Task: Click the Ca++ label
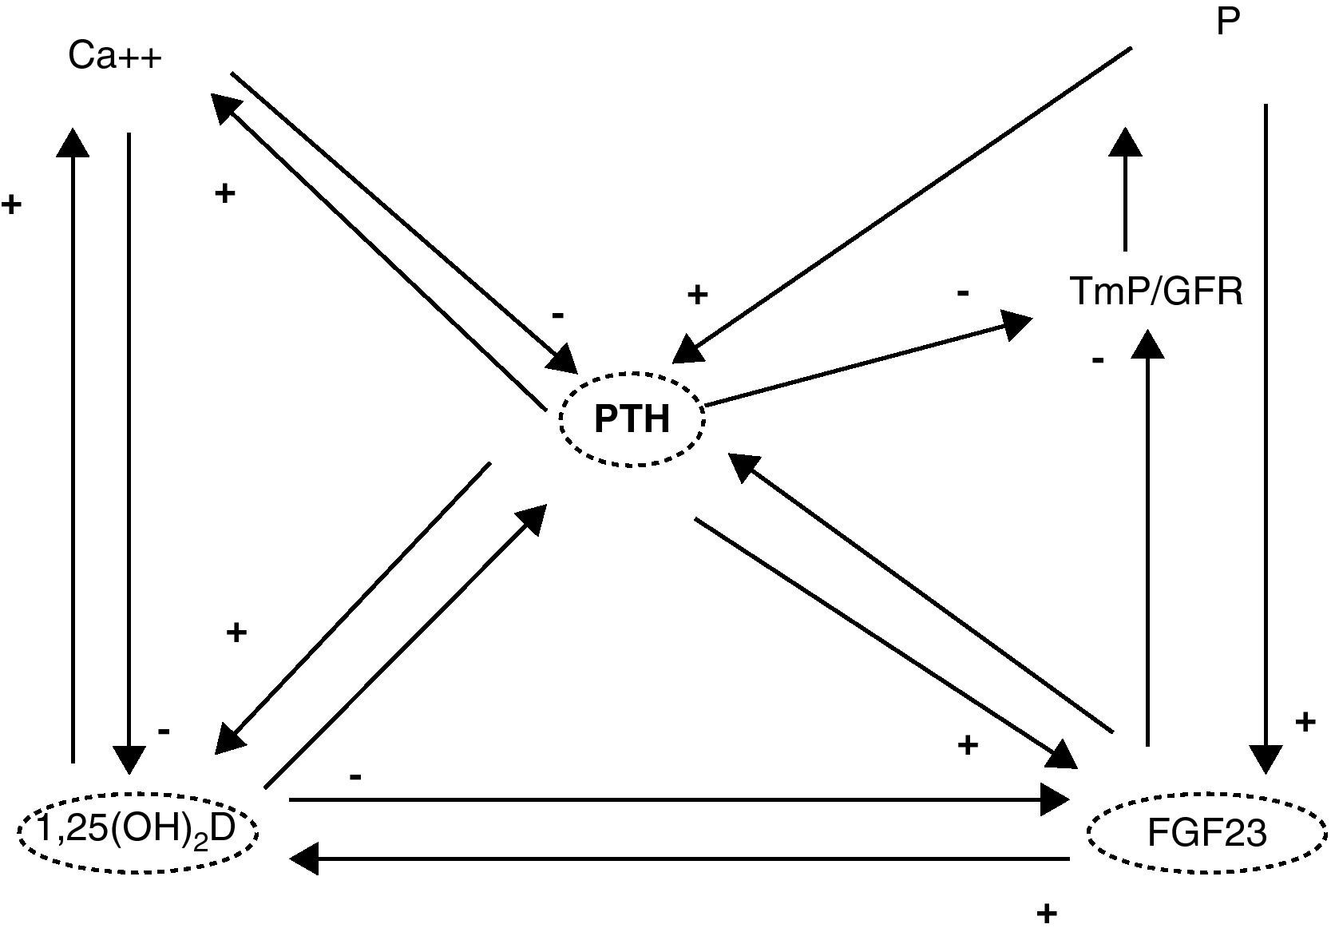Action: (115, 57)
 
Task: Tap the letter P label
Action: (1228, 22)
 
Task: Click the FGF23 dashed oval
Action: (1206, 833)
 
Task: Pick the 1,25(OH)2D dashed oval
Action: (137, 831)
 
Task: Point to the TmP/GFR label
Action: (1156, 291)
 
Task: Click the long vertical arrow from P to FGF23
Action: (1266, 431)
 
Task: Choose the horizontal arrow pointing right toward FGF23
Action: (679, 799)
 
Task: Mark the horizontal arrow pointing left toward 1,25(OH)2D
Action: (679, 859)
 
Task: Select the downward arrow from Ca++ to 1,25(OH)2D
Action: (129, 447)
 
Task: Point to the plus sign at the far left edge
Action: (11, 204)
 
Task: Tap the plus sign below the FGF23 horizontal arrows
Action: (1046, 913)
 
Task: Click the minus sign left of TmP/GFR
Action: (963, 293)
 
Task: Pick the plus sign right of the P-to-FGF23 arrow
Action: (1305, 723)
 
